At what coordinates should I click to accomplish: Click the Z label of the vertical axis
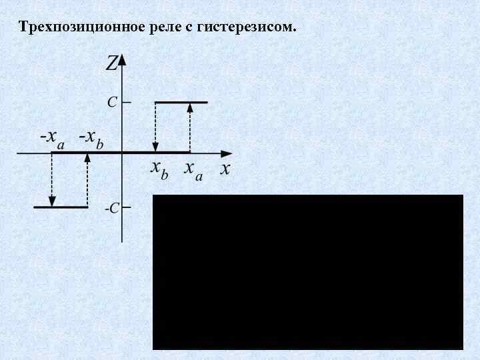[111, 63]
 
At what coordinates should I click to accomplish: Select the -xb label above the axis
[91, 139]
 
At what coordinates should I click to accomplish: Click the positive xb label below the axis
[159, 169]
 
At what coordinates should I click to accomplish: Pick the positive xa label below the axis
[194, 169]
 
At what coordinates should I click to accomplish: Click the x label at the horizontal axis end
[225, 169]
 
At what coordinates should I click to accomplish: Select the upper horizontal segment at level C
[181, 102]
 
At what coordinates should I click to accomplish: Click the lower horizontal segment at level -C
[61, 207]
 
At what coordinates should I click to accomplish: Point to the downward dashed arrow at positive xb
[155, 127]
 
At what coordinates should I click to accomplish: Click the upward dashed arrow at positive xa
[190, 127]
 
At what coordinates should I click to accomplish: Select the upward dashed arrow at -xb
[87, 180]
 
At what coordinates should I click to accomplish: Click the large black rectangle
[307, 272]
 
